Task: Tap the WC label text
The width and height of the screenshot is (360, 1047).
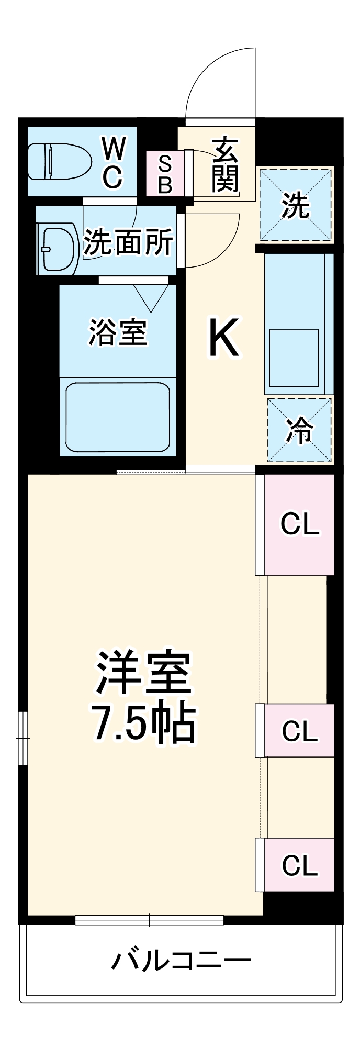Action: pos(113,163)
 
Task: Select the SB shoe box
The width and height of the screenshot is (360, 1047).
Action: pos(165,174)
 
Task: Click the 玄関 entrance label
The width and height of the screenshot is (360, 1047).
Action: pos(225,165)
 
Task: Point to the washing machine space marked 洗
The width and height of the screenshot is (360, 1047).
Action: pos(296,205)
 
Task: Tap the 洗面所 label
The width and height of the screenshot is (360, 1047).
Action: pos(129,242)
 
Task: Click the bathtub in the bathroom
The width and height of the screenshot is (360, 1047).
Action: pos(118,417)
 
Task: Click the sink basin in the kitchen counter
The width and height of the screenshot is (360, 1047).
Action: pos(294,358)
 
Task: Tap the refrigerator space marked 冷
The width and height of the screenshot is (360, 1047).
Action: pos(299,430)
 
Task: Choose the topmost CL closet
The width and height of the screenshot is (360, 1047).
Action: pos(299,524)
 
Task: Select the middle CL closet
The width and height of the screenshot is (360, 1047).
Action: pos(299,731)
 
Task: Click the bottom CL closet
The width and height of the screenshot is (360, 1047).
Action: pos(299,865)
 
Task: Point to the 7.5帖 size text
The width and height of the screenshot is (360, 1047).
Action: pos(144,725)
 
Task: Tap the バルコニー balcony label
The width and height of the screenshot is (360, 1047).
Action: pos(182,961)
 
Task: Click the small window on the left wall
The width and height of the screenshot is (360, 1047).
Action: pos(22,738)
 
